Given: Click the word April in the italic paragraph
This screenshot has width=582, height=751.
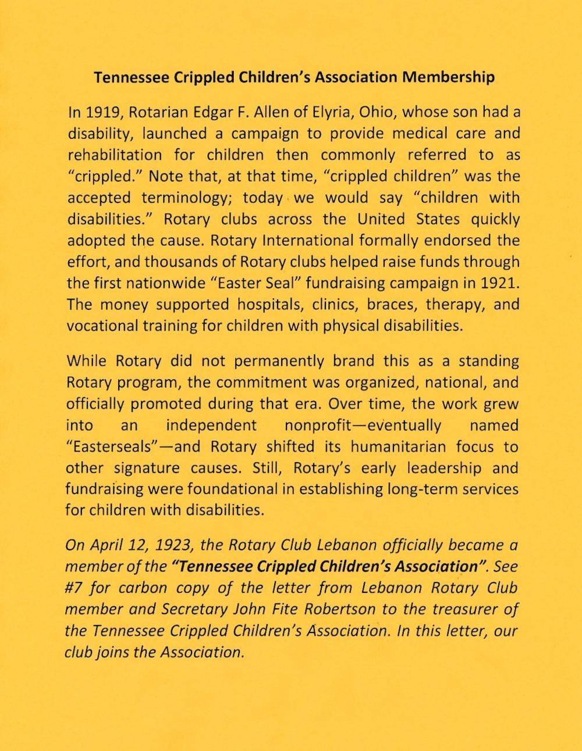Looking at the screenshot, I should [x=105, y=546].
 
